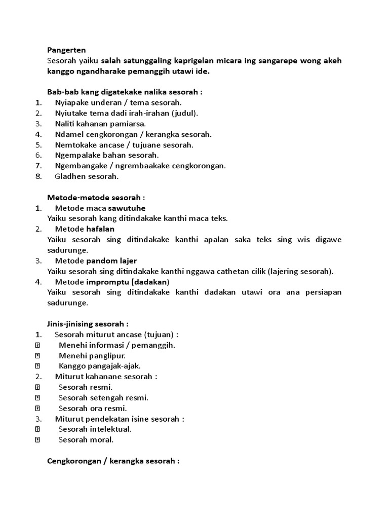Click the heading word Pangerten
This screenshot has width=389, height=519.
[x=66, y=50]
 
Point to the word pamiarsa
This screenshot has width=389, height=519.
[x=131, y=124]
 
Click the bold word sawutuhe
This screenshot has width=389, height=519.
[x=127, y=208]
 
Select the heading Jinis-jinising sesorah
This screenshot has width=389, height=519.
[x=88, y=323]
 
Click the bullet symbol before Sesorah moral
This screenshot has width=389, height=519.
[x=37, y=440]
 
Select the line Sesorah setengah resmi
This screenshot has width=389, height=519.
[x=103, y=398]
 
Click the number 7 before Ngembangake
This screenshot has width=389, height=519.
[x=38, y=166]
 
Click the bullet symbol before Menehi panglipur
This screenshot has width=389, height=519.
[x=37, y=356]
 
